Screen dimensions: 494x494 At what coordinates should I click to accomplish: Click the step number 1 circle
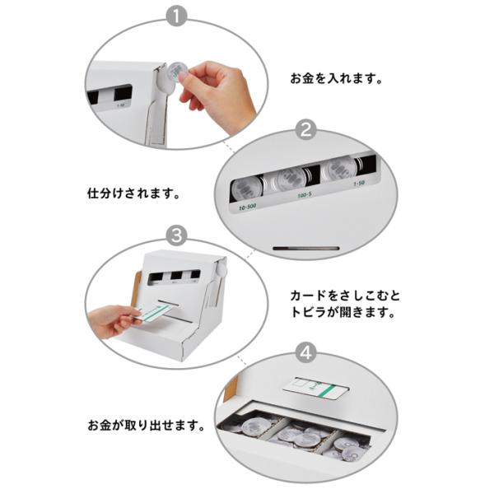pos(176,16)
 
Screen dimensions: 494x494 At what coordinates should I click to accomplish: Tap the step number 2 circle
pos(306,129)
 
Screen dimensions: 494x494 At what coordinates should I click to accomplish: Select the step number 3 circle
pos(176,235)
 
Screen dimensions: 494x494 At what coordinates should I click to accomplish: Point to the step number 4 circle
pos(306,352)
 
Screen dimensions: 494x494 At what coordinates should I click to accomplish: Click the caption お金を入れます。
pos(337,78)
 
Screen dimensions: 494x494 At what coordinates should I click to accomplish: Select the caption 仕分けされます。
pos(133,193)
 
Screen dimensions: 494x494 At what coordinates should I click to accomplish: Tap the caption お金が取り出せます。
pos(147,426)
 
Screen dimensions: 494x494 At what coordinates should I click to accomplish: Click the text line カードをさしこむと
pos(345,296)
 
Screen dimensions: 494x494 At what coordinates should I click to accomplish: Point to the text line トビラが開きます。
pos(343,313)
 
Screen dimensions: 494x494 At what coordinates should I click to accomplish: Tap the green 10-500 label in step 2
pos(247,207)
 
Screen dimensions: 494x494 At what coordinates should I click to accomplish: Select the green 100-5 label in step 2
pos(305,195)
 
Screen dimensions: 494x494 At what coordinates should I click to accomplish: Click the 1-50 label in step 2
pos(359,184)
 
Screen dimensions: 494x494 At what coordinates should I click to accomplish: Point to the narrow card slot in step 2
pos(306,249)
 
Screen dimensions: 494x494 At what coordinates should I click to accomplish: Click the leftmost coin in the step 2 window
pos(246,189)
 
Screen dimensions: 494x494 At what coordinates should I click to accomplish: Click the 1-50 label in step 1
pos(120,105)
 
